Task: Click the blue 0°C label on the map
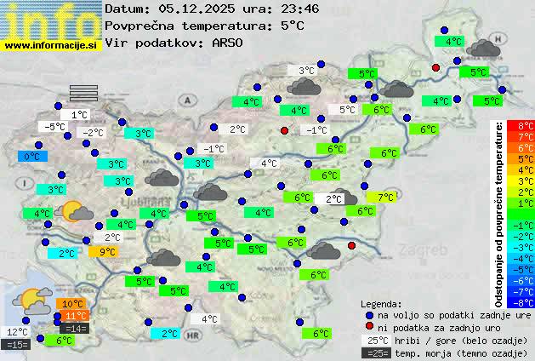[x=31, y=157]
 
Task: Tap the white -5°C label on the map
[x=55, y=127]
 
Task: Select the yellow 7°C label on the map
[x=385, y=197]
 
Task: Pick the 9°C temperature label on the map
[x=107, y=251]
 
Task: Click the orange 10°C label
[x=71, y=304]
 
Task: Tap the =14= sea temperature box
[x=74, y=328]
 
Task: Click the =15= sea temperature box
[x=16, y=344]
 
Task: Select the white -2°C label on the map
[x=92, y=132]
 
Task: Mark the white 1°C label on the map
[x=79, y=114]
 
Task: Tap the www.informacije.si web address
[x=51, y=44]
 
